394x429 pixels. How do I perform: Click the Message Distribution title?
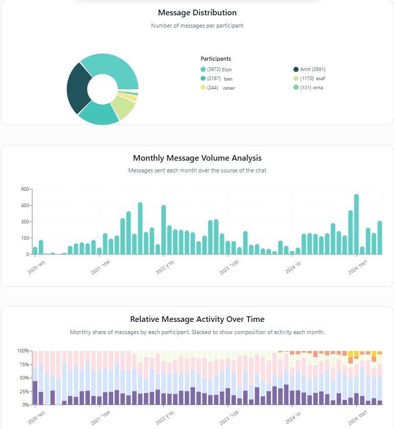pyautogui.click(x=197, y=13)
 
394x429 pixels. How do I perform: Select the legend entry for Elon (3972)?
pyautogui.click(x=216, y=69)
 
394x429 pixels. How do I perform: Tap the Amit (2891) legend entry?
pyautogui.click(x=309, y=69)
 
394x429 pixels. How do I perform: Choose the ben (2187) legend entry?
pyautogui.click(x=216, y=79)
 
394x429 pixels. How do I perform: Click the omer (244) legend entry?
pyautogui.click(x=217, y=88)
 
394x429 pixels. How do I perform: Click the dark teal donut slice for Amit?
pyautogui.click(x=77, y=88)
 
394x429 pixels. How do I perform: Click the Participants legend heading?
pyautogui.click(x=215, y=59)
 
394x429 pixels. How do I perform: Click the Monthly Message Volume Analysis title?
pyautogui.click(x=197, y=158)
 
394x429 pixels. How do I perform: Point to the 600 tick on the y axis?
pyautogui.click(x=24, y=189)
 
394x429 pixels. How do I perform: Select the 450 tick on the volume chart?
pyautogui.click(x=24, y=206)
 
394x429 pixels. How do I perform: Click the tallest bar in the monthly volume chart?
pyautogui.click(x=356, y=224)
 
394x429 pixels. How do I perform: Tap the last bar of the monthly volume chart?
pyautogui.click(x=380, y=238)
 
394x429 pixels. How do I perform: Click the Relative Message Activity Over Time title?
pyautogui.click(x=197, y=319)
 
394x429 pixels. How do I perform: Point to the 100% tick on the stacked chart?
pyautogui.click(x=23, y=351)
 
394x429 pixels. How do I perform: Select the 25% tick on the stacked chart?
pyautogui.click(x=24, y=391)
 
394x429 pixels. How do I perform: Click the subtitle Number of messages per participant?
pyautogui.click(x=197, y=26)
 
